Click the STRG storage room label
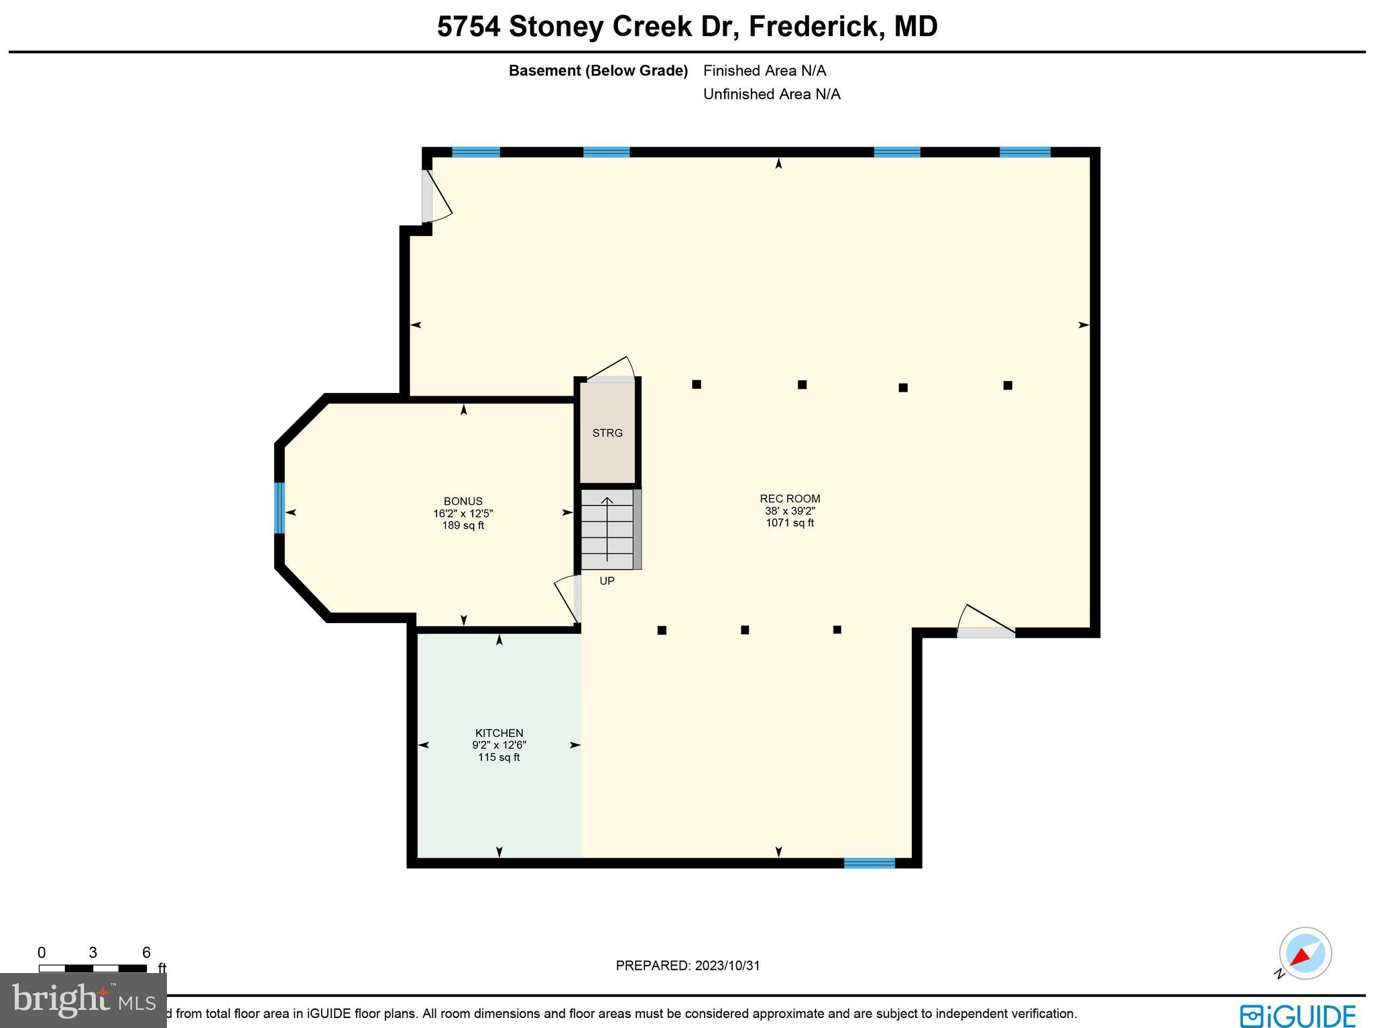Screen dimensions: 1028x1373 pyautogui.click(x=607, y=433)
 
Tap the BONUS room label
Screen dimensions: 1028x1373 pyautogui.click(x=463, y=502)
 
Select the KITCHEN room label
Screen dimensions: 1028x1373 pyautogui.click(x=499, y=733)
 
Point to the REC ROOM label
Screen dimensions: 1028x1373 pyautogui.click(x=790, y=499)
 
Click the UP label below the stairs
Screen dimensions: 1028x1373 pyautogui.click(x=607, y=581)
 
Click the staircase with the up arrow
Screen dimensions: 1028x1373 pyautogui.click(x=607, y=530)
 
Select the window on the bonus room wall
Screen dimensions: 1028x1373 pyautogui.click(x=280, y=508)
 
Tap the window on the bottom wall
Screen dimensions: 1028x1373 pyautogui.click(x=869, y=863)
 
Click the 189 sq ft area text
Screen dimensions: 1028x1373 pyautogui.click(x=463, y=526)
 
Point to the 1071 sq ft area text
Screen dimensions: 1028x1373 pyautogui.click(x=790, y=523)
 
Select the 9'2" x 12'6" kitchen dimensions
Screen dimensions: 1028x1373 pyautogui.click(x=499, y=745)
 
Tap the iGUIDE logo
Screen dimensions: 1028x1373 pyautogui.click(x=1298, y=1015)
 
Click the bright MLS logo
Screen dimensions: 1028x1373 pyautogui.click(x=83, y=1001)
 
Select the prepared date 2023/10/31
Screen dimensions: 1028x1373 pyautogui.click(x=727, y=966)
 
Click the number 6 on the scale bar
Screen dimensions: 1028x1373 pyautogui.click(x=146, y=953)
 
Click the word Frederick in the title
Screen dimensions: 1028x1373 pyautogui.click(x=812, y=27)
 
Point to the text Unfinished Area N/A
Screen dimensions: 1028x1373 pyautogui.click(x=772, y=95)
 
